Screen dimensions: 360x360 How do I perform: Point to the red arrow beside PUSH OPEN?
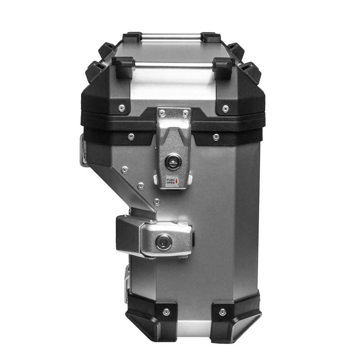pos(177,181)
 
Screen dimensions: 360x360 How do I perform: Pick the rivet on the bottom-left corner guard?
pos(166,311)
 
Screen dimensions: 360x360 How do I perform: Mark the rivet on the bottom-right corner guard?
pos(222,312)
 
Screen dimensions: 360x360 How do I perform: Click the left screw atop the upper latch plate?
pos(163,113)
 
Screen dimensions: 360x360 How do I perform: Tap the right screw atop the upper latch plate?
pos(185,113)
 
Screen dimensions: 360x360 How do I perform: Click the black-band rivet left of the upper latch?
pos(131,137)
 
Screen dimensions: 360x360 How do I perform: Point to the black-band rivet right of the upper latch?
pos(216,137)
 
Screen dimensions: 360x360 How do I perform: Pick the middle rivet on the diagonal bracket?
pos(141,186)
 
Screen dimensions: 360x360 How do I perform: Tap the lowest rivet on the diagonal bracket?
pos(157,202)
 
